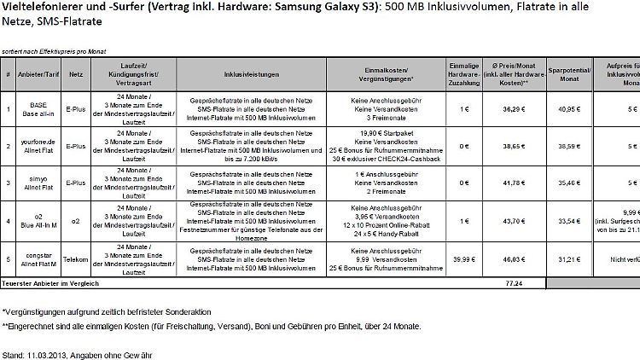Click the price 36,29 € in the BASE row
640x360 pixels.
click(x=509, y=109)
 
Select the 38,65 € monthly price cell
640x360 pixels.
click(x=509, y=147)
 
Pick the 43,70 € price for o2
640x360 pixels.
click(x=509, y=220)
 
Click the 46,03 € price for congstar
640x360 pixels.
click(x=509, y=257)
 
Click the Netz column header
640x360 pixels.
click(x=75, y=74)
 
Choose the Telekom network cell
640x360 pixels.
click(x=75, y=257)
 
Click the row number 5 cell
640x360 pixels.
click(x=8, y=257)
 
